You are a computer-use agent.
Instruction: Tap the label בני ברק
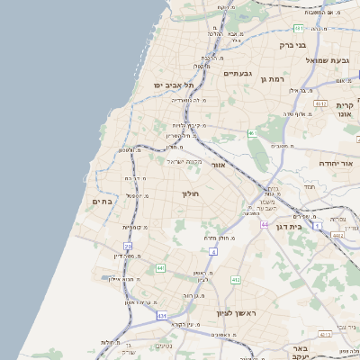[x=294, y=45]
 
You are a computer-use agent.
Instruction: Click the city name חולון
[x=189, y=193]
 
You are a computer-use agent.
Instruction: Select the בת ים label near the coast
[x=101, y=202]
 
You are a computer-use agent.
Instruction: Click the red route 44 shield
[x=265, y=223]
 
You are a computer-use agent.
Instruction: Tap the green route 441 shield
[x=160, y=267]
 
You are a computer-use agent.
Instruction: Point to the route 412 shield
[x=236, y=280]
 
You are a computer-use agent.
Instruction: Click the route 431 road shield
[x=162, y=316]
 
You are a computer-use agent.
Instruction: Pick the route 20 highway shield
[x=129, y=245]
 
